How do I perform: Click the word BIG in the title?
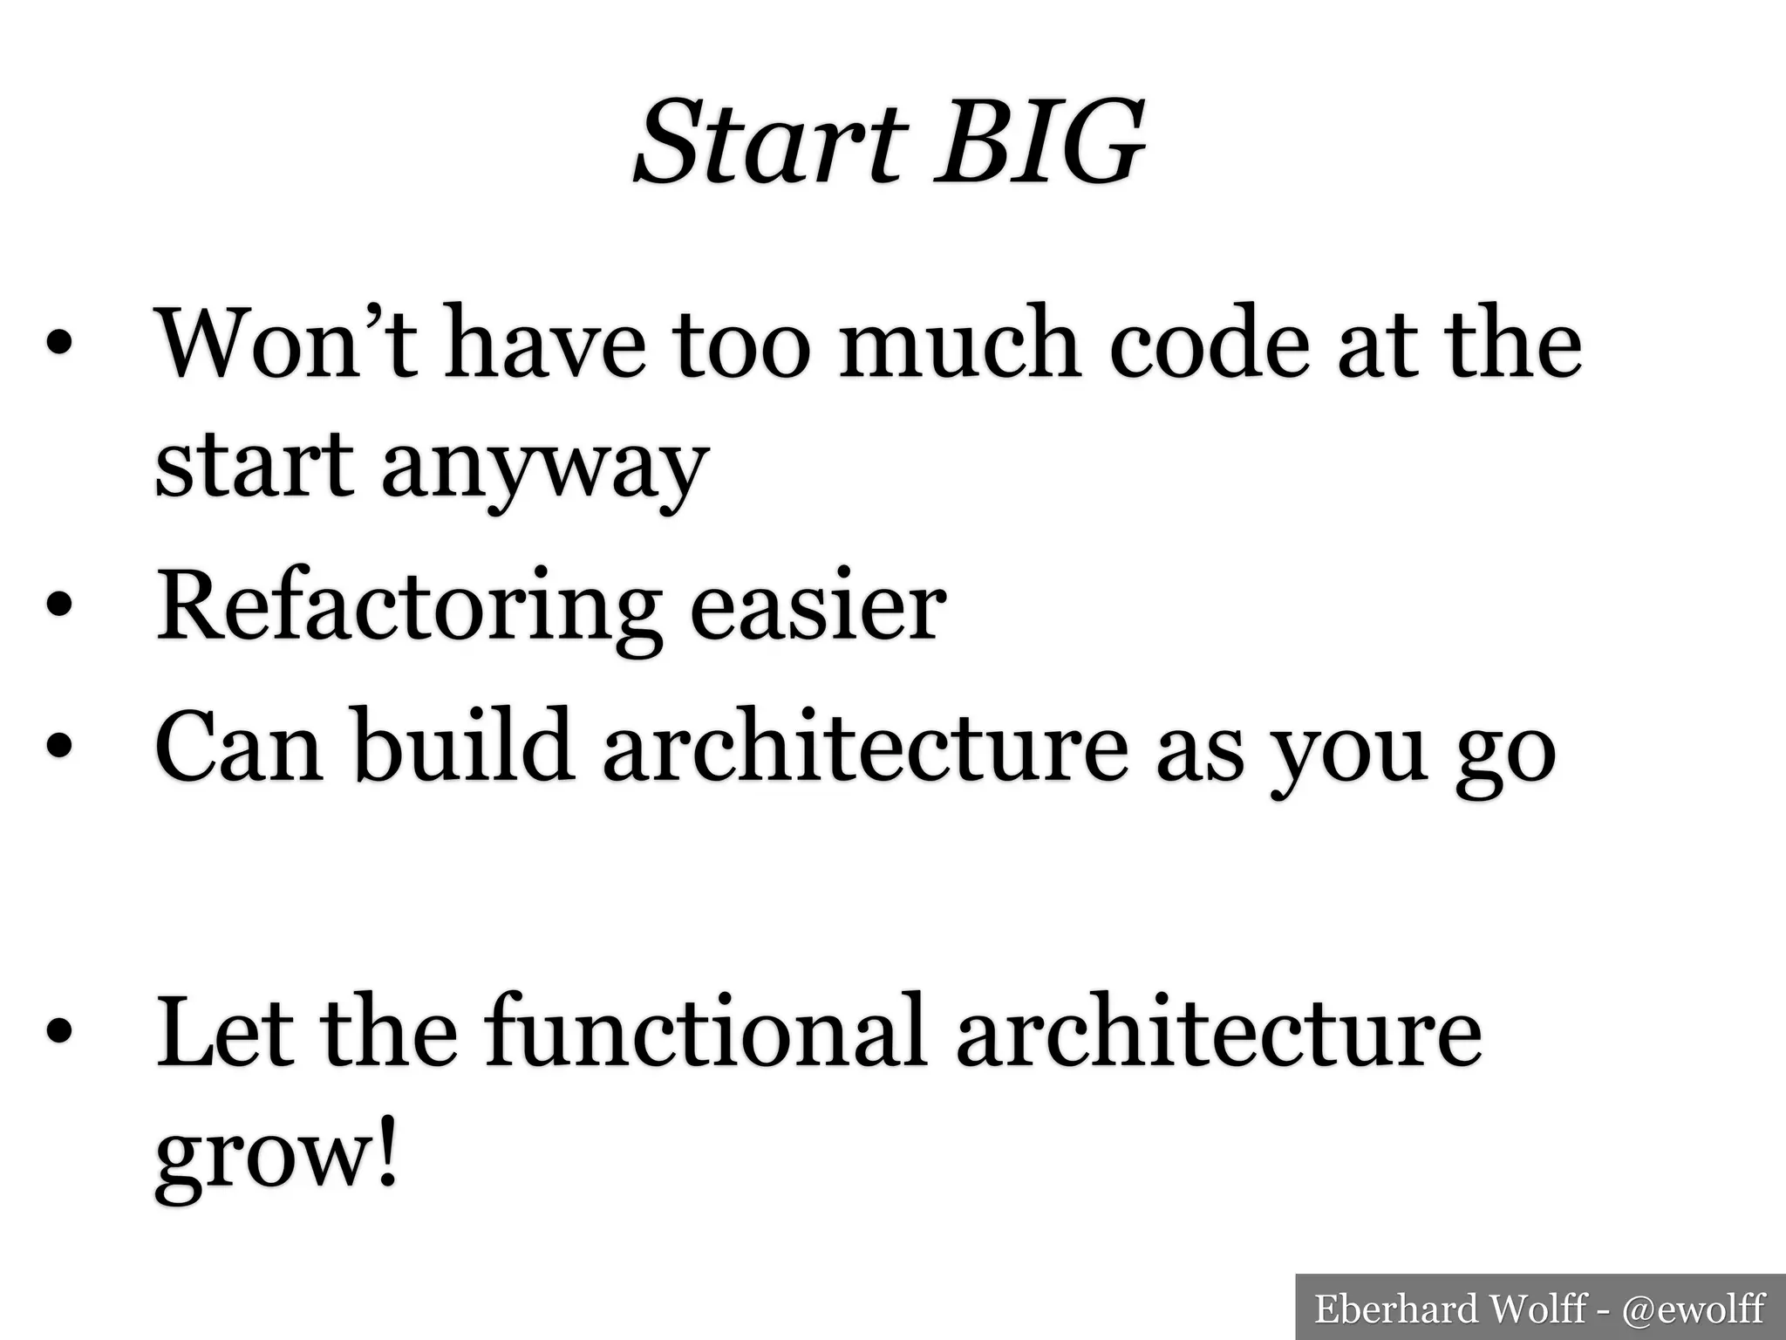pyautogui.click(x=1038, y=142)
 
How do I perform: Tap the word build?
pyautogui.click(x=463, y=746)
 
